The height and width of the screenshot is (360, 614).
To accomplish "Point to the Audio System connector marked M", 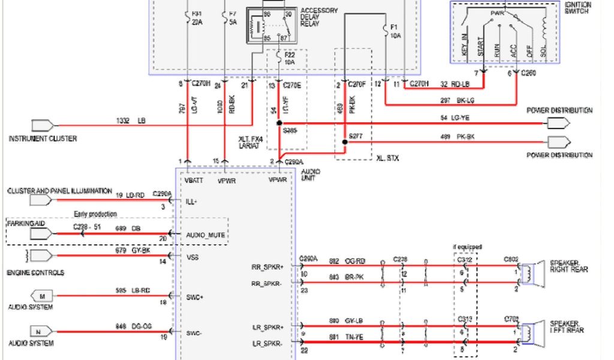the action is [43, 296].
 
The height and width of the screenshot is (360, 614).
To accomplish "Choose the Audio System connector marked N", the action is [43, 331].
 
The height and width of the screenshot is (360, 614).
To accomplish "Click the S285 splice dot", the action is [279, 123].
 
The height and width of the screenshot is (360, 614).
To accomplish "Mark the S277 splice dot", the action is [344, 142].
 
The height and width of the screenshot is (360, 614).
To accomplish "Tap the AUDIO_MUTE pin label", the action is [206, 235].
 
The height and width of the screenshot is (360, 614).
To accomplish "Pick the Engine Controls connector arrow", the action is [40, 256].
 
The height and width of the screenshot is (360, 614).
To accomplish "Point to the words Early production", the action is [95, 214].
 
